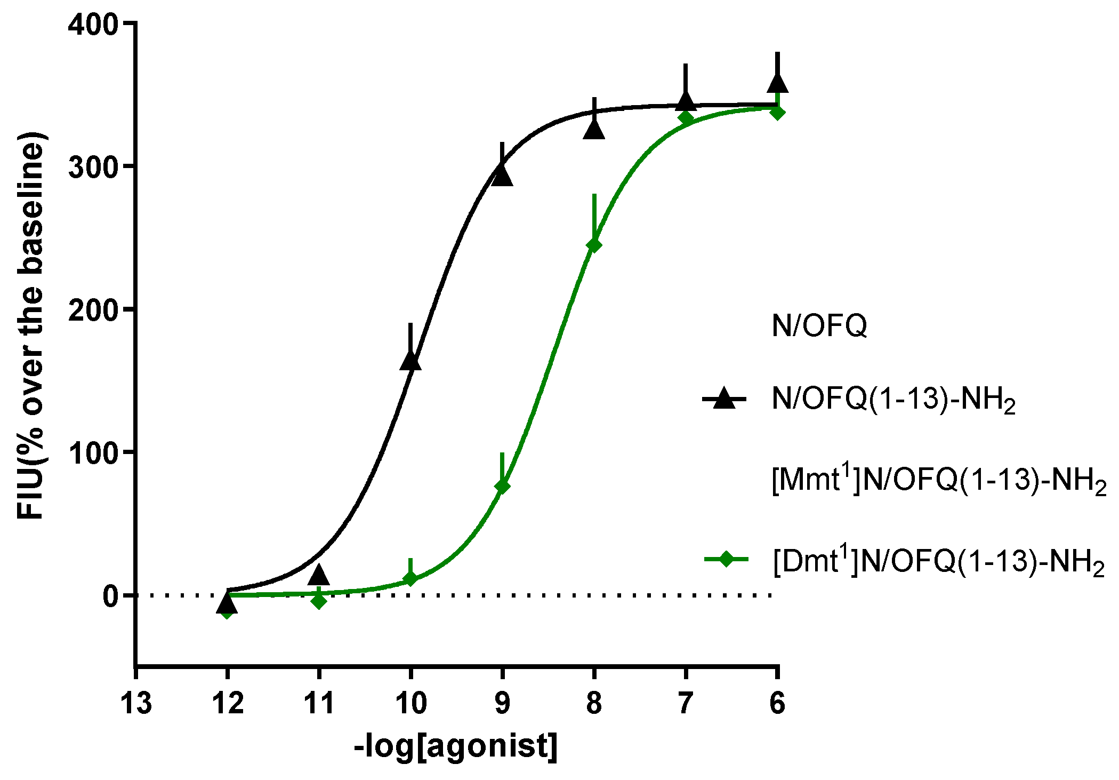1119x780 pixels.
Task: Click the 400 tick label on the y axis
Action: point(93,25)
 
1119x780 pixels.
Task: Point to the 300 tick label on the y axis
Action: point(93,168)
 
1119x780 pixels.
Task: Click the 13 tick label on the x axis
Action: point(136,703)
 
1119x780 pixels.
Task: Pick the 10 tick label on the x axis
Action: point(410,703)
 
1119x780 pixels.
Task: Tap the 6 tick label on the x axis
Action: point(777,703)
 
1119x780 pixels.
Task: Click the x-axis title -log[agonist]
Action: point(456,746)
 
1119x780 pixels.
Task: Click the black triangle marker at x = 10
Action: point(410,361)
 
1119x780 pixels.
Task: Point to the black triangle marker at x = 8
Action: point(594,130)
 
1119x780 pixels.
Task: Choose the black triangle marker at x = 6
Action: point(777,83)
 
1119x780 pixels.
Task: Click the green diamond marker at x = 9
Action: point(502,485)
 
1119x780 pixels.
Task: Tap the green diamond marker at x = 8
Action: point(594,245)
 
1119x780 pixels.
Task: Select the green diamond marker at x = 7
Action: point(686,118)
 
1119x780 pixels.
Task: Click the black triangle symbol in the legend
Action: point(724,399)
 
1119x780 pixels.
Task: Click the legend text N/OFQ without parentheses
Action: point(819,325)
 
